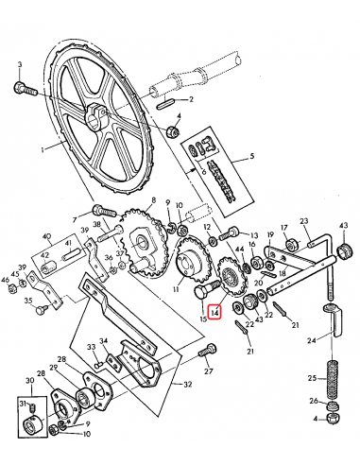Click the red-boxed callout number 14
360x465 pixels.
(x=214, y=311)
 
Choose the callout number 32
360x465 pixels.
(x=189, y=385)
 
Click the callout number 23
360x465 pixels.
(x=305, y=221)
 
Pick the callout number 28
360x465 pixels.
(x=60, y=359)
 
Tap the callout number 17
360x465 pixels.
(x=284, y=229)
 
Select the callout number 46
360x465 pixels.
(x=6, y=280)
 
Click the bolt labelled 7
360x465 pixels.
(x=101, y=211)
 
